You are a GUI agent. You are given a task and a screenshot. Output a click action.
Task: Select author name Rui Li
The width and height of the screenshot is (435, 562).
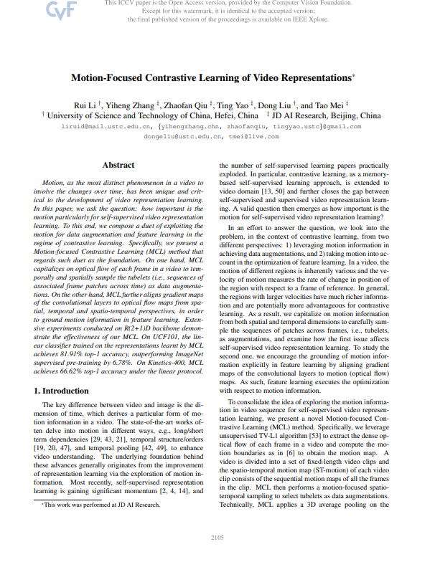click(88, 104)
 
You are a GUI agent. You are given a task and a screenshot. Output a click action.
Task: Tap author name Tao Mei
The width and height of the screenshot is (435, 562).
click(331, 104)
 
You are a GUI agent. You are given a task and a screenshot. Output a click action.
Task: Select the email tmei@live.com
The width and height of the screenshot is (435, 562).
click(246, 135)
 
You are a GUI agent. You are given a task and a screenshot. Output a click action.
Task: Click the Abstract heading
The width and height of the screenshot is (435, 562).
click(118, 166)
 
